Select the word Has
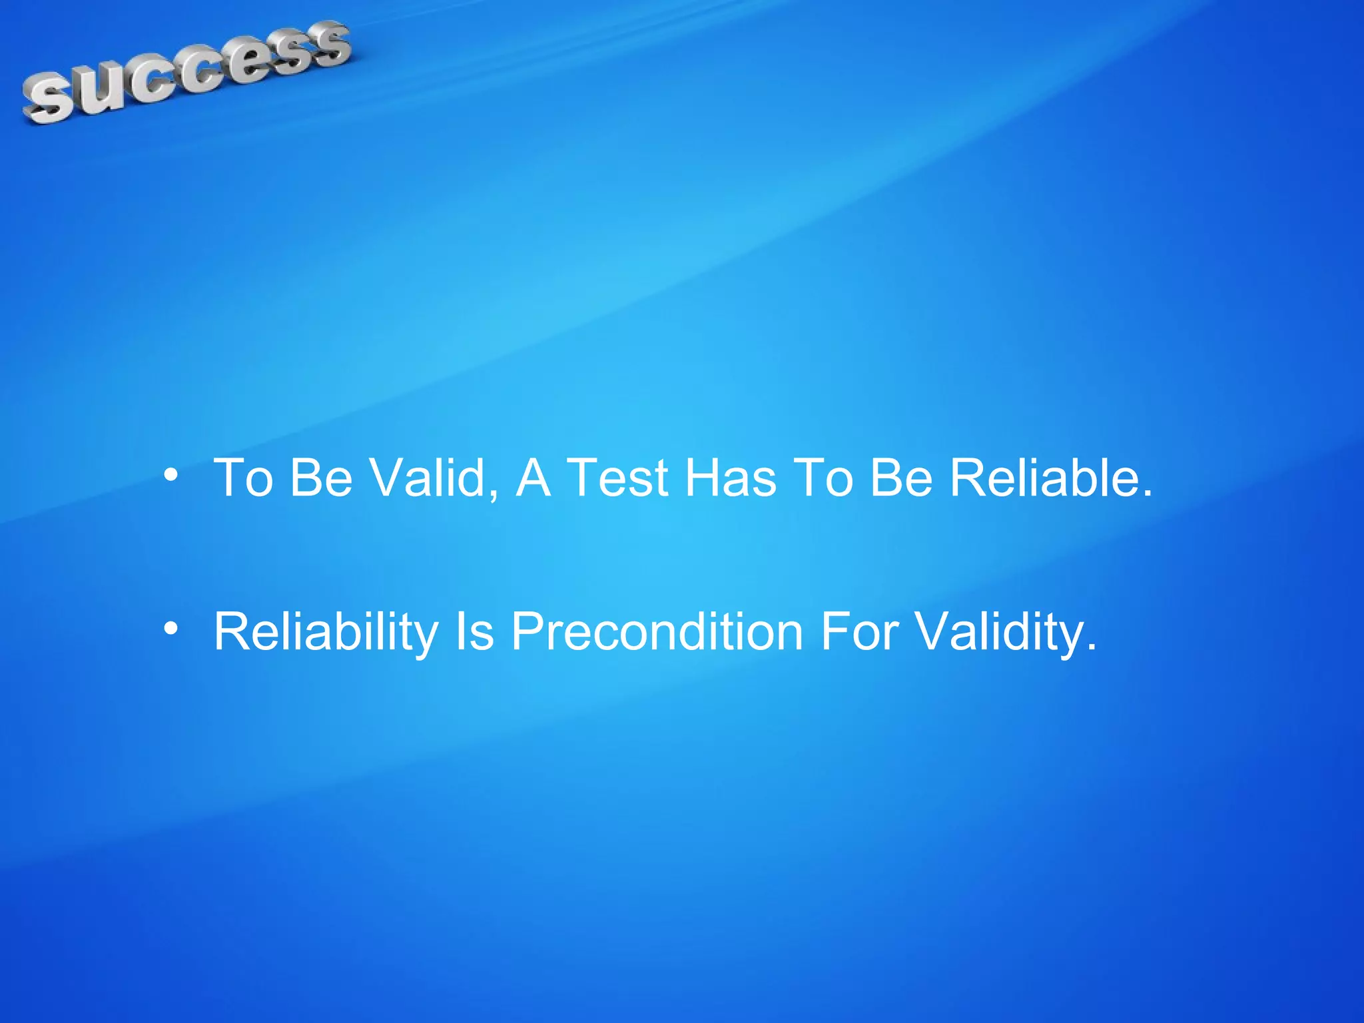[731, 478]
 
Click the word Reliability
[326, 631]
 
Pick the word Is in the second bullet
[474, 631]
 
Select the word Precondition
[657, 631]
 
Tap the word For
[860, 631]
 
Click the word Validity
[998, 631]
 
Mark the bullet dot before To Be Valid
[171, 476]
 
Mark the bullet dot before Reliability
[171, 628]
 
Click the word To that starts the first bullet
[243, 478]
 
